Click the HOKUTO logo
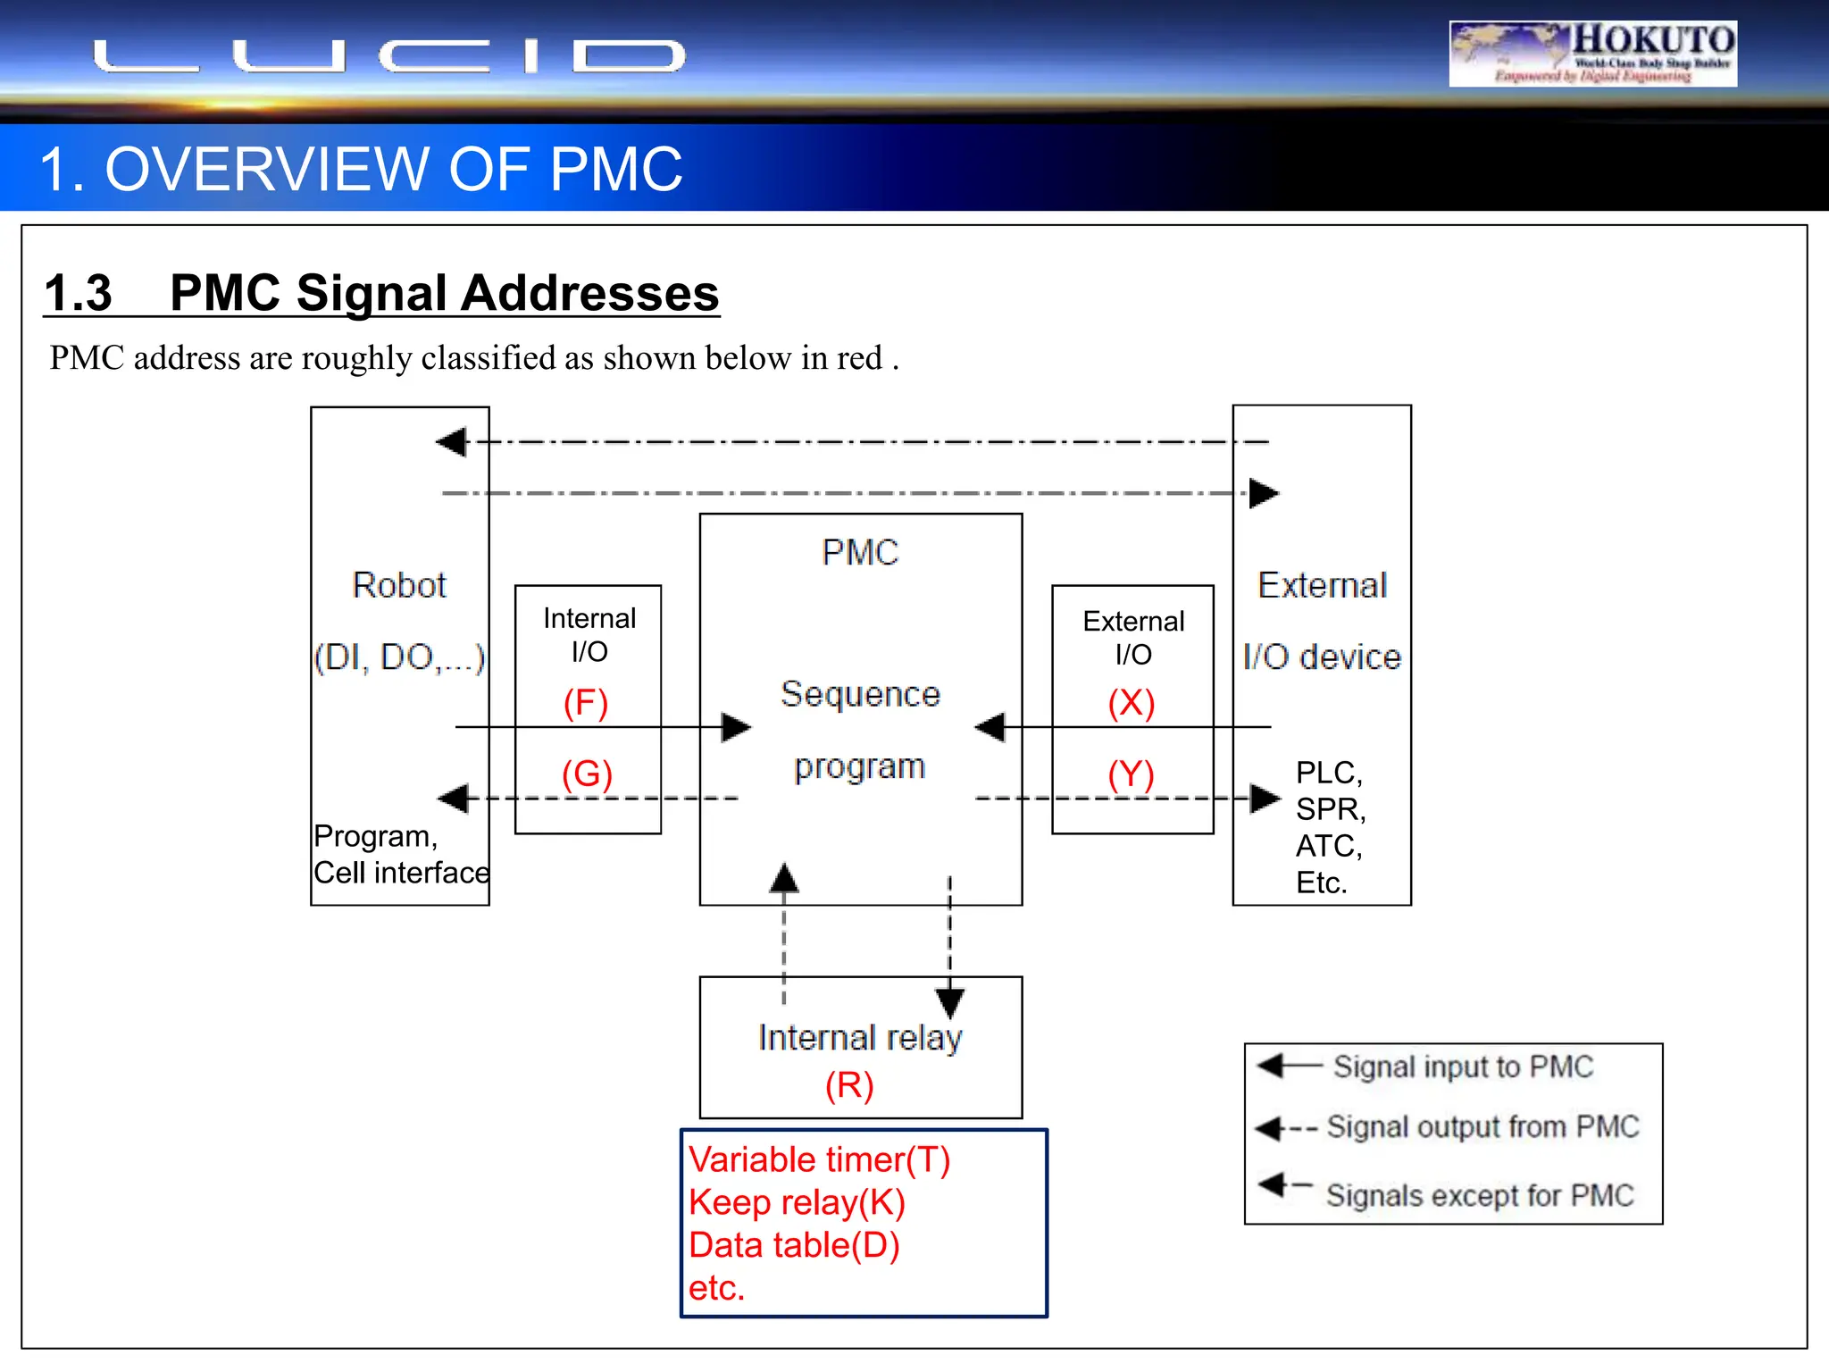[x=1592, y=54]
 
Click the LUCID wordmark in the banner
[x=389, y=56]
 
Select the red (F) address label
[x=586, y=703]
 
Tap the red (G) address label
[x=587, y=774]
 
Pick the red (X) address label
[x=1132, y=703]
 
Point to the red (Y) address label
[x=1132, y=774]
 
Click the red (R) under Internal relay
[x=849, y=1085]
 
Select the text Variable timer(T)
[x=819, y=1159]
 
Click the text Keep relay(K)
[x=797, y=1202]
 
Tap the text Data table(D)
[x=794, y=1245]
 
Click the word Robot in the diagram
[x=399, y=585]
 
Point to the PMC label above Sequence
[x=860, y=552]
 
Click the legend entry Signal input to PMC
[x=1462, y=1067]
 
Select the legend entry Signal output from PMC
[x=1482, y=1127]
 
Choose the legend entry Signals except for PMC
[x=1479, y=1195]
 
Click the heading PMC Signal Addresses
[x=444, y=293]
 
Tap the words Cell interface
[x=401, y=873]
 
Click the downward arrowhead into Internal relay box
[x=949, y=1002]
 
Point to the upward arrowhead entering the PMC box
[x=784, y=878]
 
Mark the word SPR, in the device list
[x=1331, y=809]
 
